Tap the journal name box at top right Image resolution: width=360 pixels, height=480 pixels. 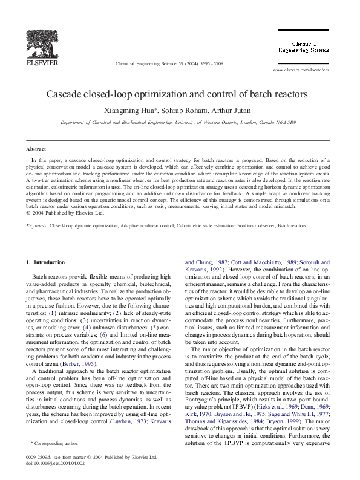pos(311,47)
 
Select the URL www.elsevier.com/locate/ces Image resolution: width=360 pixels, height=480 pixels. pos(301,70)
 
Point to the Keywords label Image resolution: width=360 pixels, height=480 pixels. pos(36,225)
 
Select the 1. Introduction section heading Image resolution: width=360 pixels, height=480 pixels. pos(46,262)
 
